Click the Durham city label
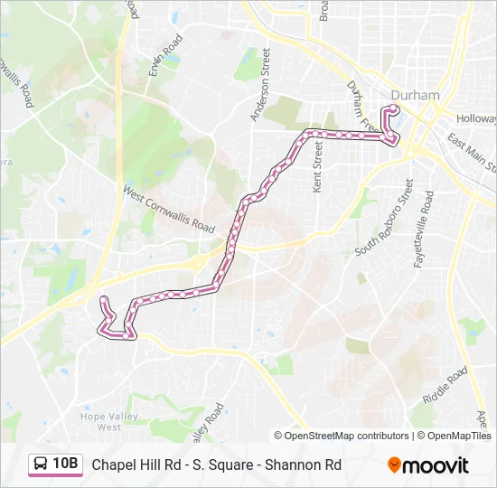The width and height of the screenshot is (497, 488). [416, 95]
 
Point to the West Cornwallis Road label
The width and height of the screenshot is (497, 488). [169, 209]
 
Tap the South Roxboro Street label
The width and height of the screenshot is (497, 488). [385, 221]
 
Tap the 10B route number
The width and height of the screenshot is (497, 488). [65, 465]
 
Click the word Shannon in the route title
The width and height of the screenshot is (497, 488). [295, 465]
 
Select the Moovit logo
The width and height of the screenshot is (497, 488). [428, 465]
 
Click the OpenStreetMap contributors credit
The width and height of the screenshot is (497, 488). [341, 436]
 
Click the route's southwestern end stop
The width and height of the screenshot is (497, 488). [104, 299]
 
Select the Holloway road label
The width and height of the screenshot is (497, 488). [476, 118]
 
